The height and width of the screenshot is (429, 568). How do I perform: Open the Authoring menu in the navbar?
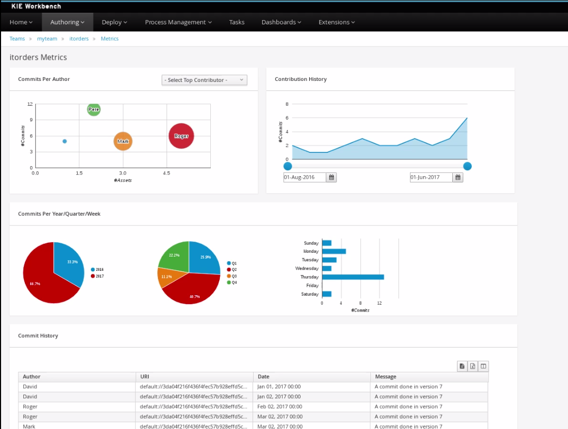(x=67, y=22)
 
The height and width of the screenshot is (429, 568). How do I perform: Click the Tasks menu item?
(x=237, y=22)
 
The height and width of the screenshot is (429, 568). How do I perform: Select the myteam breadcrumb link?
(x=46, y=39)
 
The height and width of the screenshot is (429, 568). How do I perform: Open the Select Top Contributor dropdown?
(x=204, y=80)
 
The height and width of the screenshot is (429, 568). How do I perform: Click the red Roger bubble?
(x=181, y=136)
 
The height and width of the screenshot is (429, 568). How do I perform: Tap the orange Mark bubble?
(x=123, y=141)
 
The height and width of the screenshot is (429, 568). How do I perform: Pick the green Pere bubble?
(x=94, y=109)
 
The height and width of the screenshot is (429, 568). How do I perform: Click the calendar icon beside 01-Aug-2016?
(x=331, y=177)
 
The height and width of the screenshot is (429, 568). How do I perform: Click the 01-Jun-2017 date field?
(x=431, y=177)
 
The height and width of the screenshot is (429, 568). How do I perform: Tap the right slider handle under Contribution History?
(x=467, y=166)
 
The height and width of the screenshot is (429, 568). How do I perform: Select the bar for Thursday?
(x=352, y=277)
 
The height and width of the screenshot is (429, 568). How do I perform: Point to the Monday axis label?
(x=311, y=251)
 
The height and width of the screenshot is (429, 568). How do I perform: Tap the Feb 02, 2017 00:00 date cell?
(x=280, y=407)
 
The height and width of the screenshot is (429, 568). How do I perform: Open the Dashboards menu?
(x=281, y=22)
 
